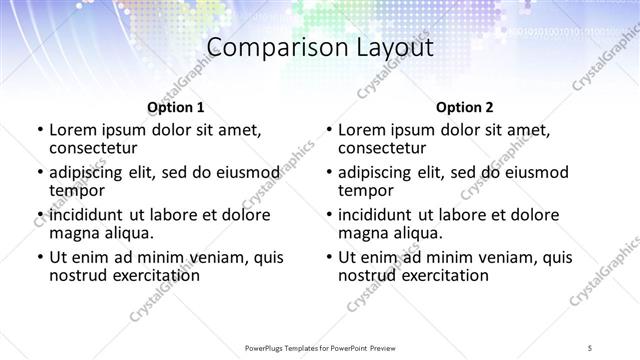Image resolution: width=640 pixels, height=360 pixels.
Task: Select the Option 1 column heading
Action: tap(175, 107)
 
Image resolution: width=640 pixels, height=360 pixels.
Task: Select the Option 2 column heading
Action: tap(464, 107)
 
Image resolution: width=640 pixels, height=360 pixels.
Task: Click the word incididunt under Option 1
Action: tap(87, 215)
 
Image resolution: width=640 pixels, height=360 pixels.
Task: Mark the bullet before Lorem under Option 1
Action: tap(39, 130)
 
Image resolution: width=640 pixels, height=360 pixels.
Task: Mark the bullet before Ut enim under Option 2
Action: tap(328, 257)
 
